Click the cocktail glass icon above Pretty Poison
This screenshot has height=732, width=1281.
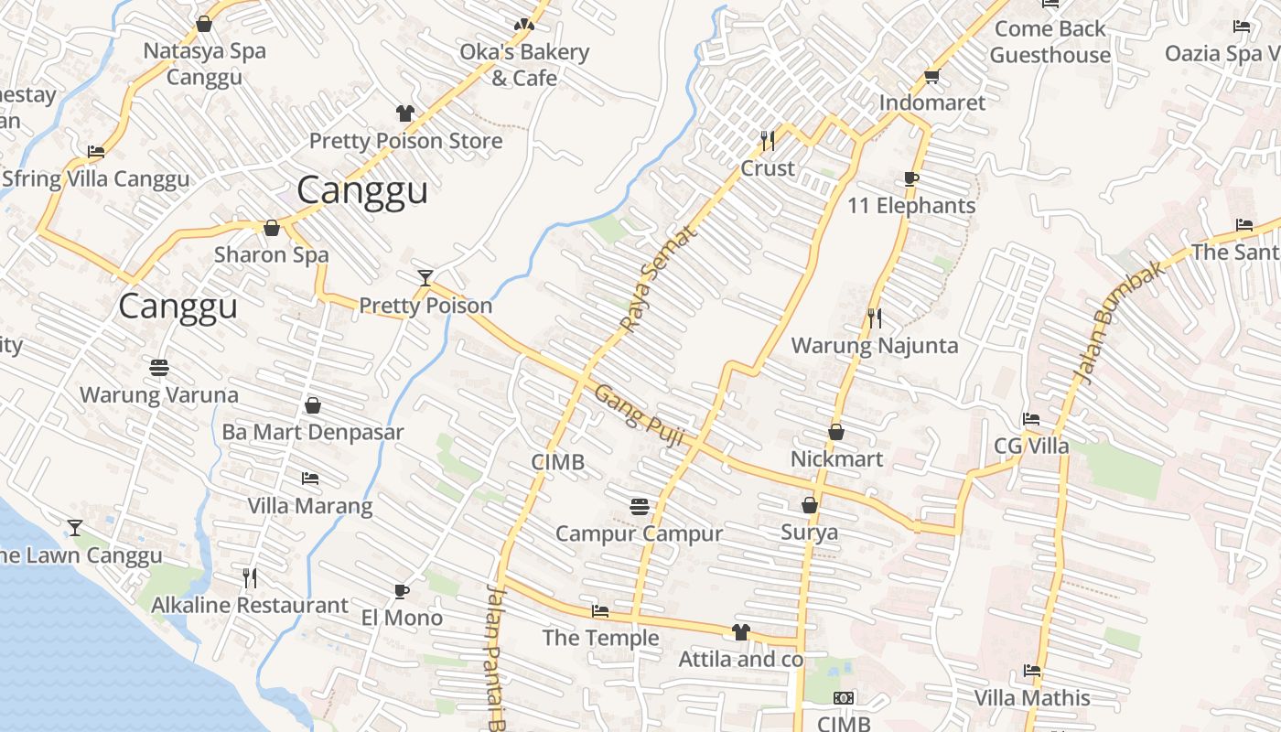(425, 277)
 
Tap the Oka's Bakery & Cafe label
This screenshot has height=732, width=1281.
(524, 65)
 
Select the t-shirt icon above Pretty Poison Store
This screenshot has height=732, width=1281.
(405, 113)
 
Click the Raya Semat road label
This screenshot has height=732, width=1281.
(658, 278)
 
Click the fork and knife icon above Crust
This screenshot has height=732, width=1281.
(768, 140)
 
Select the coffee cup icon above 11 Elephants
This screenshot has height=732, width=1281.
(910, 178)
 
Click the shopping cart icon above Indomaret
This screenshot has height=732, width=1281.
(932, 76)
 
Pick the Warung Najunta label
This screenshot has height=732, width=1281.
(875, 346)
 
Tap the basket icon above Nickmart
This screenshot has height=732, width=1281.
(835, 431)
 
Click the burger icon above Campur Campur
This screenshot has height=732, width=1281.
(640, 506)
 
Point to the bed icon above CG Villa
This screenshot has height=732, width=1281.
(1031, 419)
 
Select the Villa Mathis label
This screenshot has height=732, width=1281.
(1032, 698)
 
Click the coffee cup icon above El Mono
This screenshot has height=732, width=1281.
(401, 591)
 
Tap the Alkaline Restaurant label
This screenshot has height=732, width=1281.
(250, 606)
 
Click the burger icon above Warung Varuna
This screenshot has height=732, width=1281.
(159, 368)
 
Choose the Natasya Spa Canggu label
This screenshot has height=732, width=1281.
(204, 63)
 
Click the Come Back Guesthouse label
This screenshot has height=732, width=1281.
(1050, 42)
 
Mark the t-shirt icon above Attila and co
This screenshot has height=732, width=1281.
(740, 632)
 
